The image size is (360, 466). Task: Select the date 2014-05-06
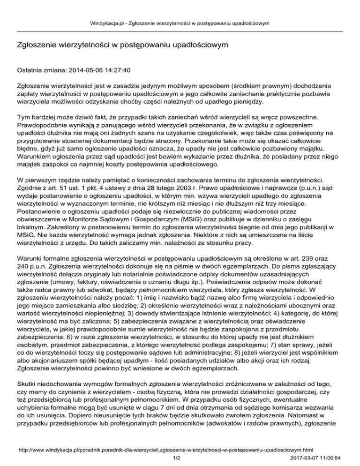[x=84, y=70]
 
